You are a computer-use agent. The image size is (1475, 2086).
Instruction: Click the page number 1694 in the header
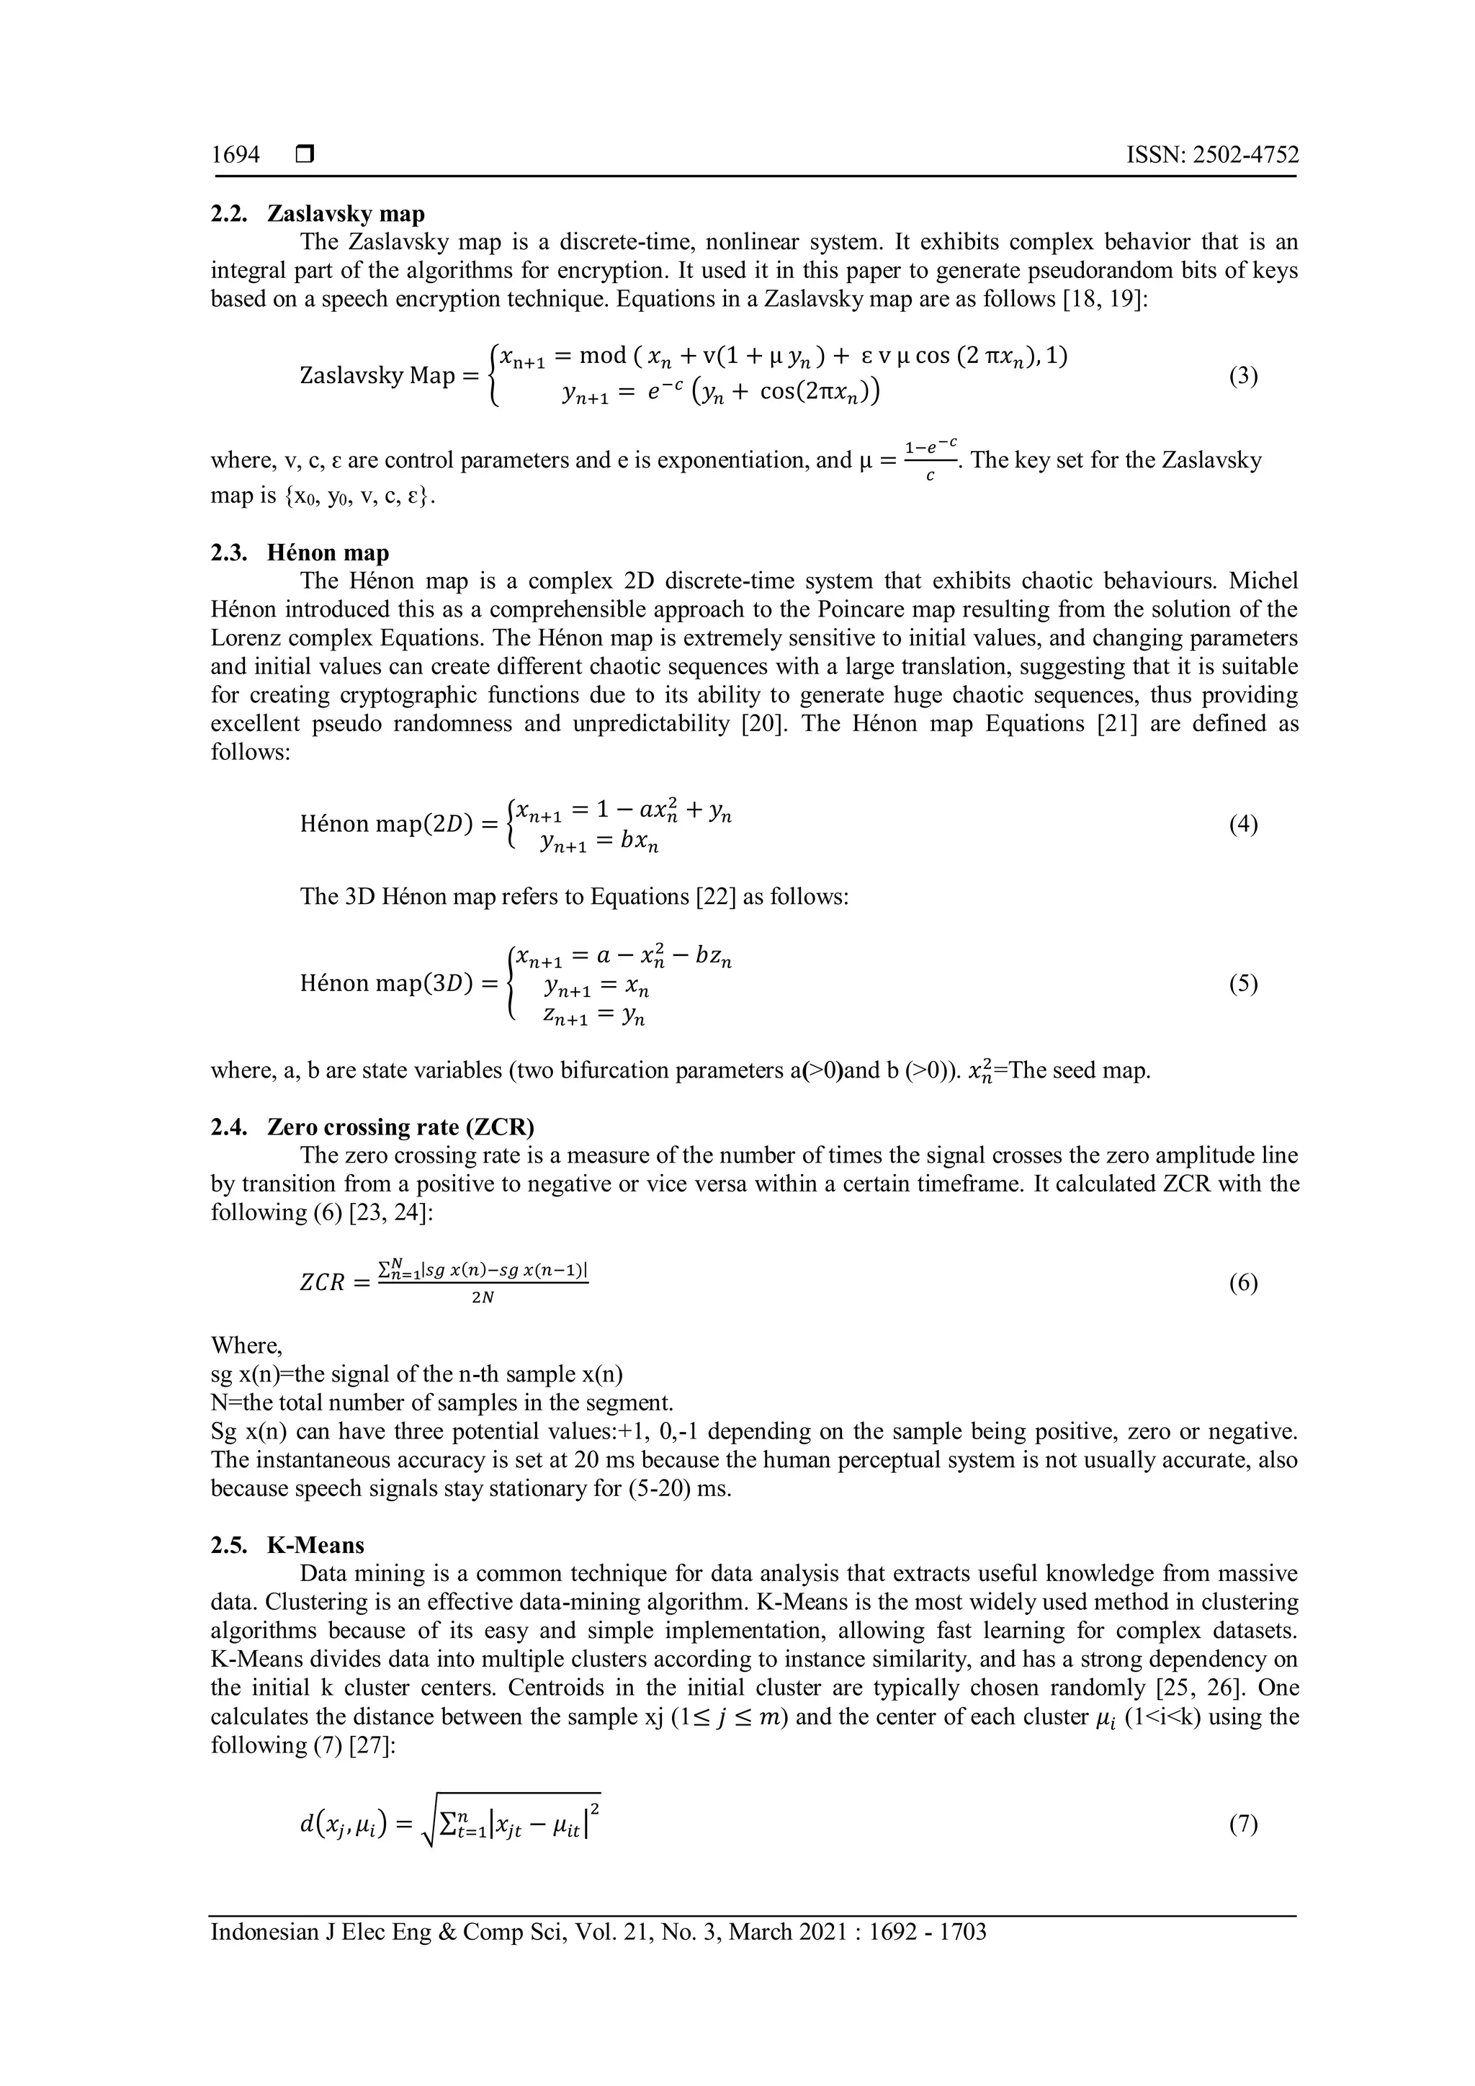pyautogui.click(x=236, y=156)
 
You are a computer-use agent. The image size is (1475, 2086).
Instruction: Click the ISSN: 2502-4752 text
pyautogui.click(x=1213, y=156)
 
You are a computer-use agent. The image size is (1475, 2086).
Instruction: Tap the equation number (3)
pyautogui.click(x=1243, y=376)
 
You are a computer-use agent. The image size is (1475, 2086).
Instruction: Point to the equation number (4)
pyautogui.click(x=1243, y=825)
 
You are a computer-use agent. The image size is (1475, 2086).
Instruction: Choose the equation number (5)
pyautogui.click(x=1243, y=984)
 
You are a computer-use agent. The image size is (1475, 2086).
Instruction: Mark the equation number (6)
pyautogui.click(x=1243, y=1283)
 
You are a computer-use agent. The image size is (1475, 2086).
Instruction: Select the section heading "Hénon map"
pyautogui.click(x=328, y=552)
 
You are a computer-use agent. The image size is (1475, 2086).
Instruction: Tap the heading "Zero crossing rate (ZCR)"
pyautogui.click(x=400, y=1127)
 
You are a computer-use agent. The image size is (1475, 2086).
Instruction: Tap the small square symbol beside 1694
pyautogui.click(x=304, y=156)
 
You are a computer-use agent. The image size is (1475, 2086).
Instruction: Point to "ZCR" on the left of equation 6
pyautogui.click(x=323, y=1284)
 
